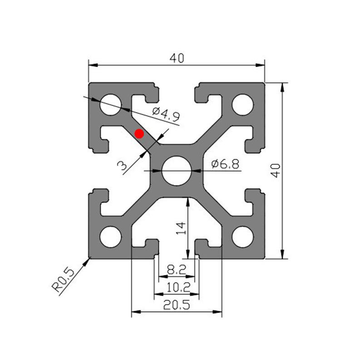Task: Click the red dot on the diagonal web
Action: coord(139,133)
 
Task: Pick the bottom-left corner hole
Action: coord(111,236)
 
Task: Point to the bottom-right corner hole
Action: coord(243,236)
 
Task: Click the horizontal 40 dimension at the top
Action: coord(177,58)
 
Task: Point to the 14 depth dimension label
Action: coord(181,227)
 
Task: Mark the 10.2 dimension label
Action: coord(177,287)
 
